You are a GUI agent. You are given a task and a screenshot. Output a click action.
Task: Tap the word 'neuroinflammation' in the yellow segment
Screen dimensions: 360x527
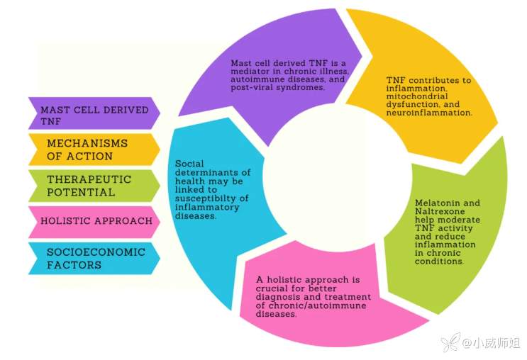(x=430, y=112)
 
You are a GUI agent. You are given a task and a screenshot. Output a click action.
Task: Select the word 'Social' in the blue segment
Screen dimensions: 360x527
(x=190, y=164)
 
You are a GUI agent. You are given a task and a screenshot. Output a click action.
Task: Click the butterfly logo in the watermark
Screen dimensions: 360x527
(x=450, y=343)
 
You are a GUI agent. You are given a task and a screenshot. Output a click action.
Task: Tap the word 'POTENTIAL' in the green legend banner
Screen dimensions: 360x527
(x=80, y=192)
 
